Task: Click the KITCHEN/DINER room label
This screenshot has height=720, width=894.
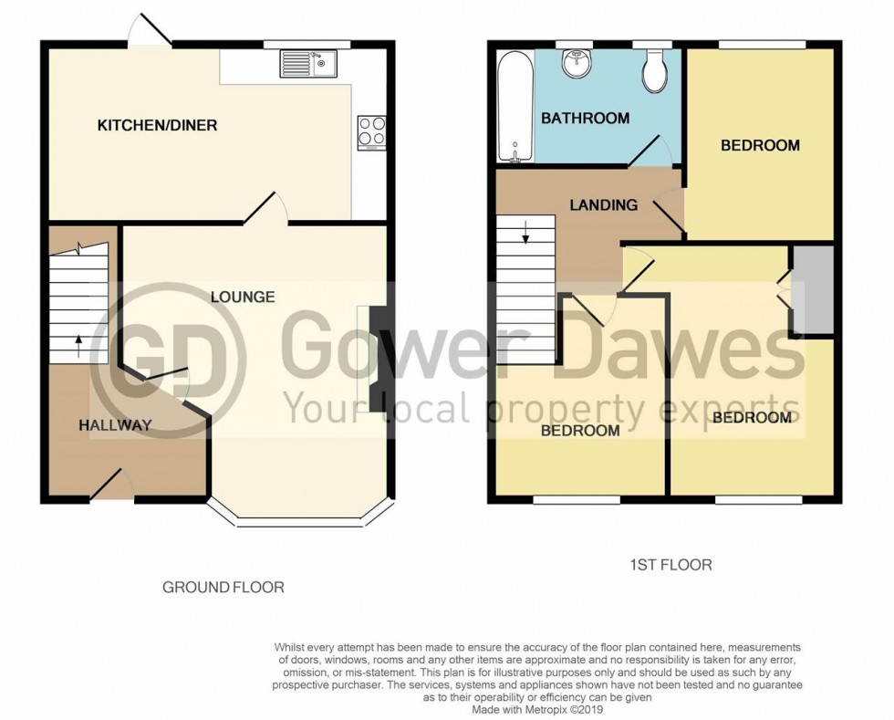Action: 157,125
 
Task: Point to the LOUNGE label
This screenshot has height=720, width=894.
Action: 243,297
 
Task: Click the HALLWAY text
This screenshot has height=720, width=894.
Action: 114,424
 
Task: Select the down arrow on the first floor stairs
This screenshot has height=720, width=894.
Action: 526,237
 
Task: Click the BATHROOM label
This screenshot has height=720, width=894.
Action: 585,118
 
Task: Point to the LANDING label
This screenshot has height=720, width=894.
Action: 604,204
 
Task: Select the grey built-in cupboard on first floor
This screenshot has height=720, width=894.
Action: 813,289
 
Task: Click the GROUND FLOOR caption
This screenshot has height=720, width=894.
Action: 223,587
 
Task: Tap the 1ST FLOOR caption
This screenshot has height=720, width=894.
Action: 670,565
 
